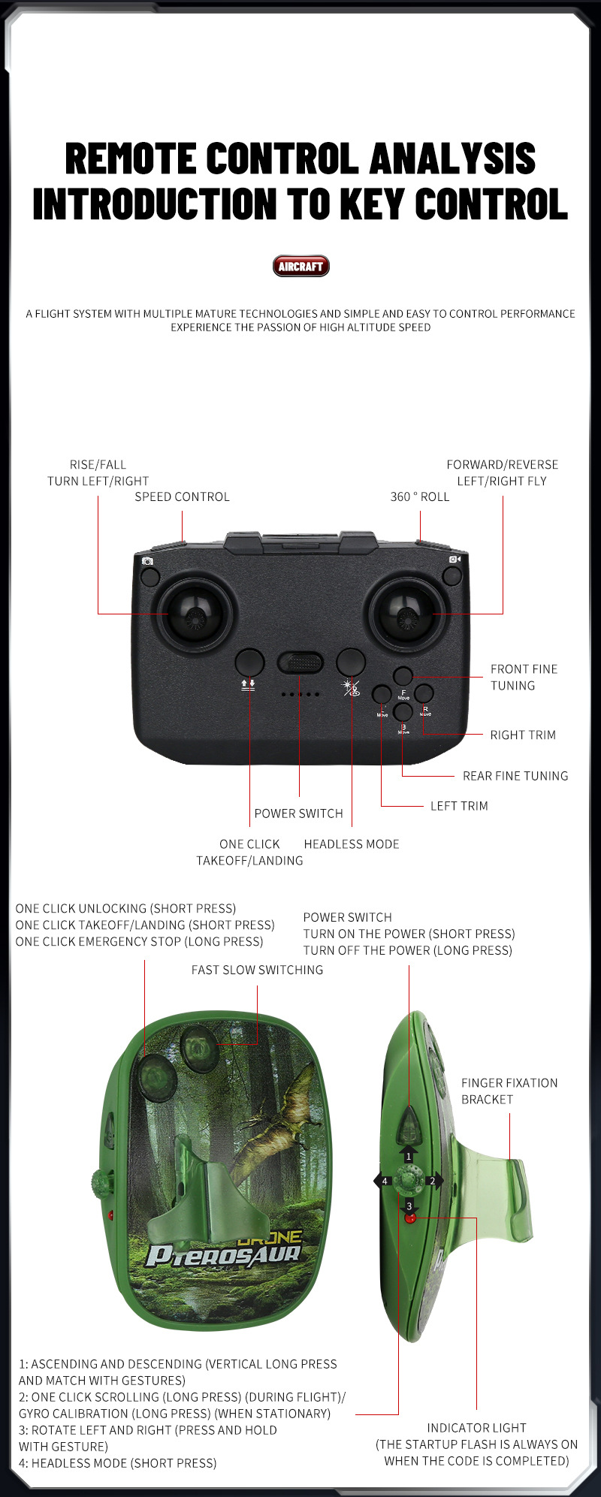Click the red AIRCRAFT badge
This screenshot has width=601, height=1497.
300,266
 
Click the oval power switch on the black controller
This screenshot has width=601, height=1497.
300,662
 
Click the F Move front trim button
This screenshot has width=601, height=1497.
403,676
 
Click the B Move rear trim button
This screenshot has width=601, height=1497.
403,712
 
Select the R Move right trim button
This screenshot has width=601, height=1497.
424,693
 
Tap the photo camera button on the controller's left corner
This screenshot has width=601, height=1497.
150,576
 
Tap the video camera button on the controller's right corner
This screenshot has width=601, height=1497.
452,576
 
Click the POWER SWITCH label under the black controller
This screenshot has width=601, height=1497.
298,813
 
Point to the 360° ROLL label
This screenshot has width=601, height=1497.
420,496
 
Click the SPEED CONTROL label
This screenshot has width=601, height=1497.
182,496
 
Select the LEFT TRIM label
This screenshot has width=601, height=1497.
459,806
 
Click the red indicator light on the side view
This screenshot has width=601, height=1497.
410,1218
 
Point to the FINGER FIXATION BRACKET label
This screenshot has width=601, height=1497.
509,1091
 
